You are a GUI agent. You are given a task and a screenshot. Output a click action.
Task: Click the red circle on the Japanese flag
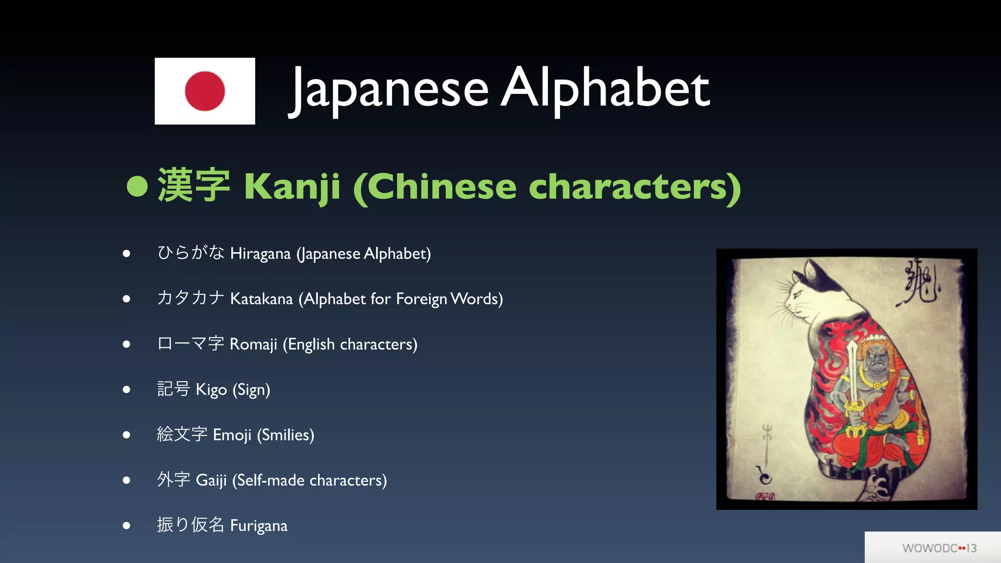coord(205,91)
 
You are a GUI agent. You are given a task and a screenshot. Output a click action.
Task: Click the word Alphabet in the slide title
coord(605,88)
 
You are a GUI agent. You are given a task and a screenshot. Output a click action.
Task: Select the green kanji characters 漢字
coord(194,186)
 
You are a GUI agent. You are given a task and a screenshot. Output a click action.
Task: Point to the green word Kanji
coord(292,187)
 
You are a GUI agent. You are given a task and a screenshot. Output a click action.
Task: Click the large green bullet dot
coord(137,186)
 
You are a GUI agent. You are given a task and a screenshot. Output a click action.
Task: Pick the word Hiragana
coord(261,254)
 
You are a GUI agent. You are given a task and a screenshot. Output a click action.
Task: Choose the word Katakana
coord(261,299)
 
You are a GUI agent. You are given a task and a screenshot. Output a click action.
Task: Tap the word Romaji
coord(253,344)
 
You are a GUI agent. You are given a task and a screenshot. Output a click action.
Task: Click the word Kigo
coord(211,390)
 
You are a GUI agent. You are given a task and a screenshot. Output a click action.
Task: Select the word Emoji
coord(232,435)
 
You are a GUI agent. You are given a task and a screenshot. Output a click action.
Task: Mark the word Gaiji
coord(211,480)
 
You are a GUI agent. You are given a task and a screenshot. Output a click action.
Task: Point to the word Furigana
coord(259,526)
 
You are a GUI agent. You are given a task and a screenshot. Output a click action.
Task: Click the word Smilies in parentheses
coord(286,435)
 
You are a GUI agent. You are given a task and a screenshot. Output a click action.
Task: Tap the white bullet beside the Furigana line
coord(127,526)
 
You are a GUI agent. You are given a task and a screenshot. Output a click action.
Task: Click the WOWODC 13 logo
coord(939,548)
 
